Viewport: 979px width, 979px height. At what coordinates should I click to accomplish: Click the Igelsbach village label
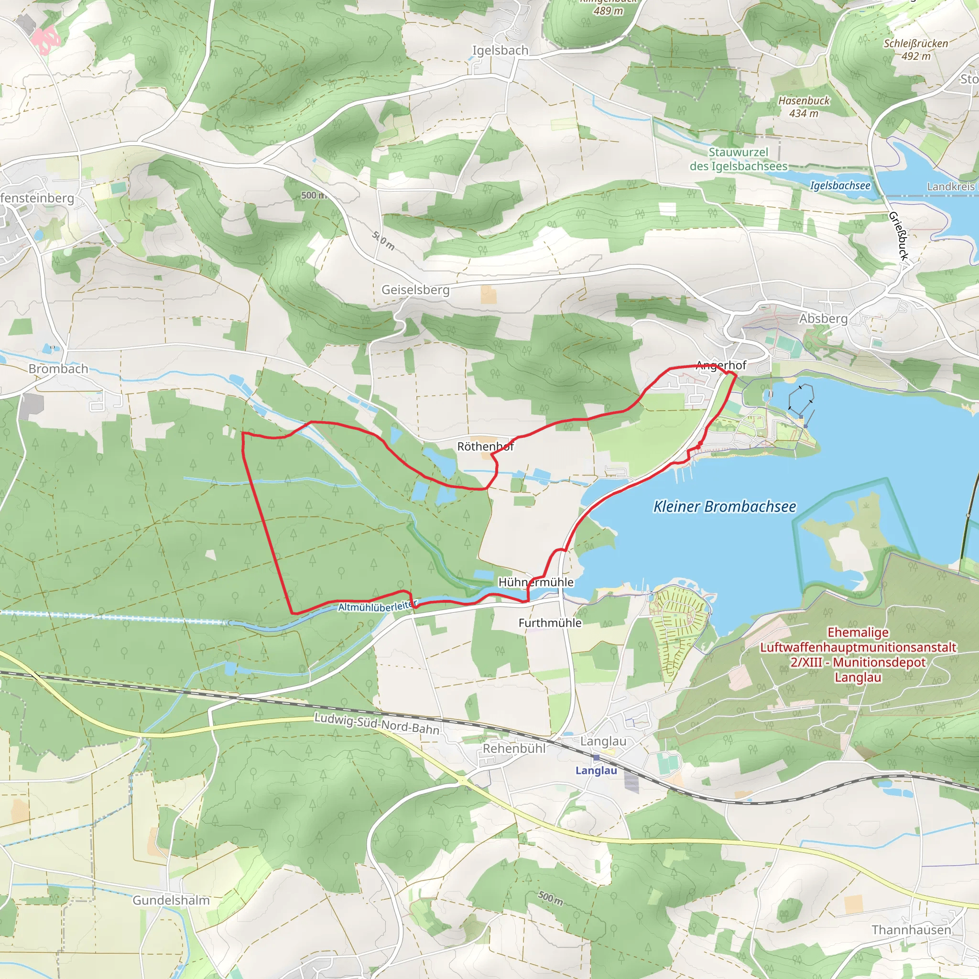[500, 51]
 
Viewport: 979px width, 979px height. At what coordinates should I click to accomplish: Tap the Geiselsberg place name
[415, 290]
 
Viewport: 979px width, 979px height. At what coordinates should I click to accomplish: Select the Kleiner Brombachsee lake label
[725, 506]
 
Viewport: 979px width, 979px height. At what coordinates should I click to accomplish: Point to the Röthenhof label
[486, 446]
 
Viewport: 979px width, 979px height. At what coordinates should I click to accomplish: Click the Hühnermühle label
[536, 582]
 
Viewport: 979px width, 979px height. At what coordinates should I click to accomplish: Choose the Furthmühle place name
[550, 623]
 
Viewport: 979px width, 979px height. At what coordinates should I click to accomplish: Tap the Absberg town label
[823, 319]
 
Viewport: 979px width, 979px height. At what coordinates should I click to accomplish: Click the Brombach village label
[58, 369]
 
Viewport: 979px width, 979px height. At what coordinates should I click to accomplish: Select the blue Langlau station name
[596, 771]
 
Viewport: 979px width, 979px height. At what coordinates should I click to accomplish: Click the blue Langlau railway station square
[597, 758]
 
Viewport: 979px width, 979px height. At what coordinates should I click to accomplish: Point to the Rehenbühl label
[514, 749]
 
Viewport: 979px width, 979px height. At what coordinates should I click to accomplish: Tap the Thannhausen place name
[911, 930]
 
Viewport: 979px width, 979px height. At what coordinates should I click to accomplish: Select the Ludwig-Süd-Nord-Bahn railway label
[377, 724]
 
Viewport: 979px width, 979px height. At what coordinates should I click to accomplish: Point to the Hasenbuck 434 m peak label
[804, 107]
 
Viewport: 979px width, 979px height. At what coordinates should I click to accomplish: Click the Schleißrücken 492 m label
[915, 50]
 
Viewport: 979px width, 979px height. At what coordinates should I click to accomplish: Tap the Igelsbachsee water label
[840, 185]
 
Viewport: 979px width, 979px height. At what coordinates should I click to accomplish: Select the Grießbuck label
[898, 236]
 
